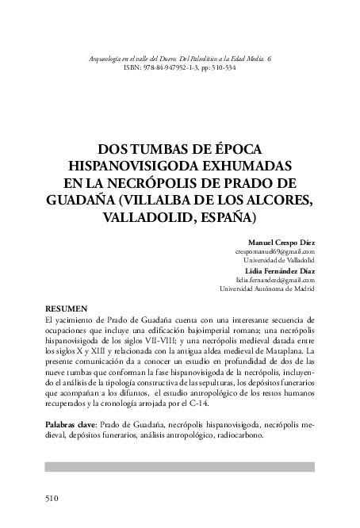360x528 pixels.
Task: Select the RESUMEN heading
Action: (66, 307)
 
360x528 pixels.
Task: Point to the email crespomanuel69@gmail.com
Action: (274, 251)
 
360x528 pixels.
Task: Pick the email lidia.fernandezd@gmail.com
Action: (275, 280)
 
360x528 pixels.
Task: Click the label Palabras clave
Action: (71, 425)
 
